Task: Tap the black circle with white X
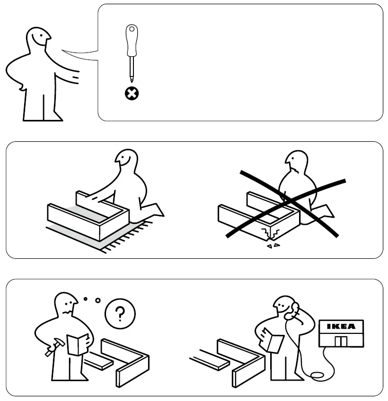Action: click(132, 94)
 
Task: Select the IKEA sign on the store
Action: click(341, 326)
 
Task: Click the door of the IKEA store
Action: click(340, 341)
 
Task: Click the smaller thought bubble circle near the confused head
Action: click(86, 298)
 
